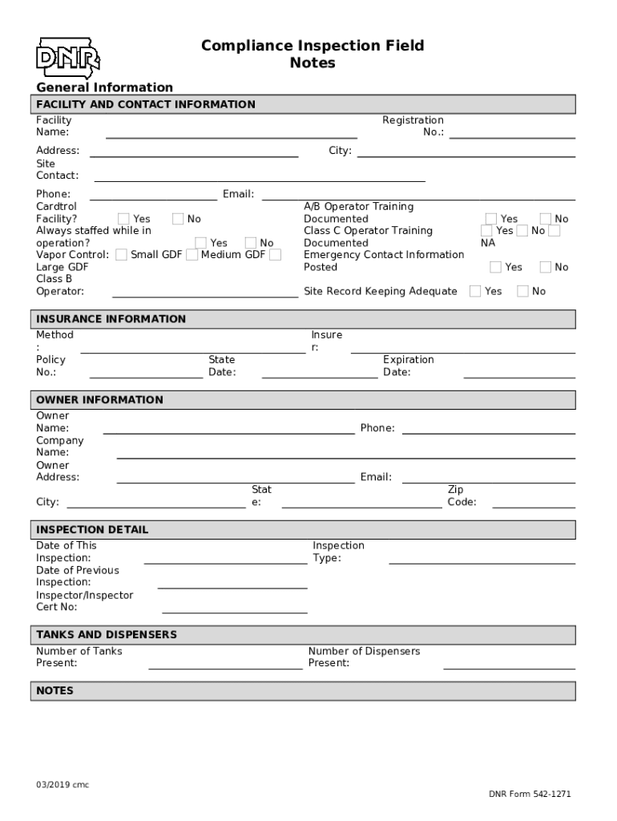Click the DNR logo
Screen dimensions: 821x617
(x=67, y=57)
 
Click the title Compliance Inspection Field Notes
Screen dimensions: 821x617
(x=313, y=54)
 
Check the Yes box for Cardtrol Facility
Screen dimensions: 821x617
(x=124, y=219)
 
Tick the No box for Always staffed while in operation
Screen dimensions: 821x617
(x=251, y=243)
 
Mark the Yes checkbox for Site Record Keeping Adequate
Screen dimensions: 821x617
(x=475, y=291)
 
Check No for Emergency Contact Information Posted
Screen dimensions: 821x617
(x=546, y=267)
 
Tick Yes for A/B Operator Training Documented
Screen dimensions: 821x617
(x=491, y=219)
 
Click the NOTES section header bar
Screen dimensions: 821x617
(x=304, y=691)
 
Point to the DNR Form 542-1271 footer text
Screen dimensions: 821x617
(x=530, y=795)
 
